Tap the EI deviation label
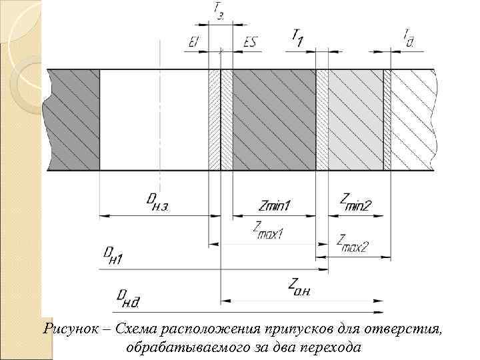193,42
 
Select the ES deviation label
250,42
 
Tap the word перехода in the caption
333,347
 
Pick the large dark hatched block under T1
274,120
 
